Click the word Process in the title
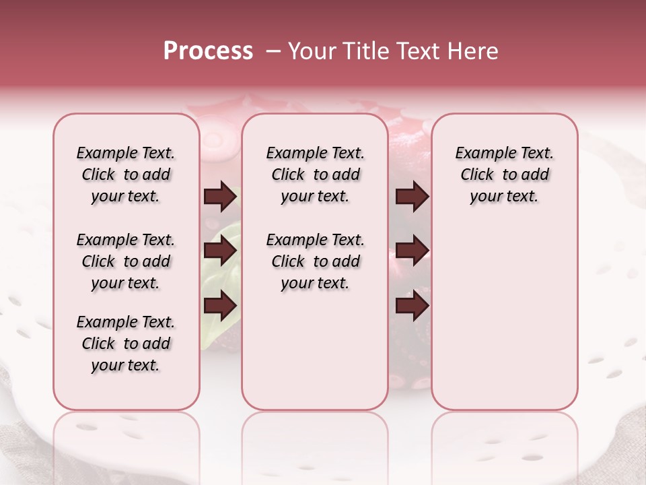pyautogui.click(x=208, y=51)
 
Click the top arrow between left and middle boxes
pyautogui.click(x=220, y=197)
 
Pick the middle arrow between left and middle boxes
pyautogui.click(x=220, y=251)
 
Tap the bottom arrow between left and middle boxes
pyautogui.click(x=220, y=306)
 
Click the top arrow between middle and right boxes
pyautogui.click(x=412, y=197)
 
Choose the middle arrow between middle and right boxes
pyautogui.click(x=412, y=251)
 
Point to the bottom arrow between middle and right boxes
pyautogui.click(x=412, y=306)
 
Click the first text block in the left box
pyautogui.click(x=126, y=174)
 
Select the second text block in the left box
pyautogui.click(x=126, y=261)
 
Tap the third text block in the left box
pyautogui.click(x=126, y=344)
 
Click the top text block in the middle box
pyautogui.click(x=315, y=174)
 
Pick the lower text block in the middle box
pyautogui.click(x=315, y=261)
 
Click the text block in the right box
pyautogui.click(x=504, y=174)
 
